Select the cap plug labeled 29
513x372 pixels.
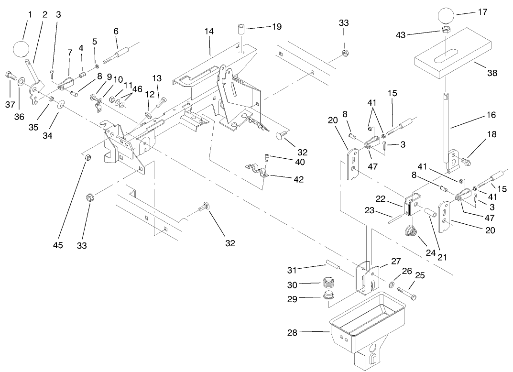click(328, 296)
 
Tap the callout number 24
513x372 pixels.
click(430, 252)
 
